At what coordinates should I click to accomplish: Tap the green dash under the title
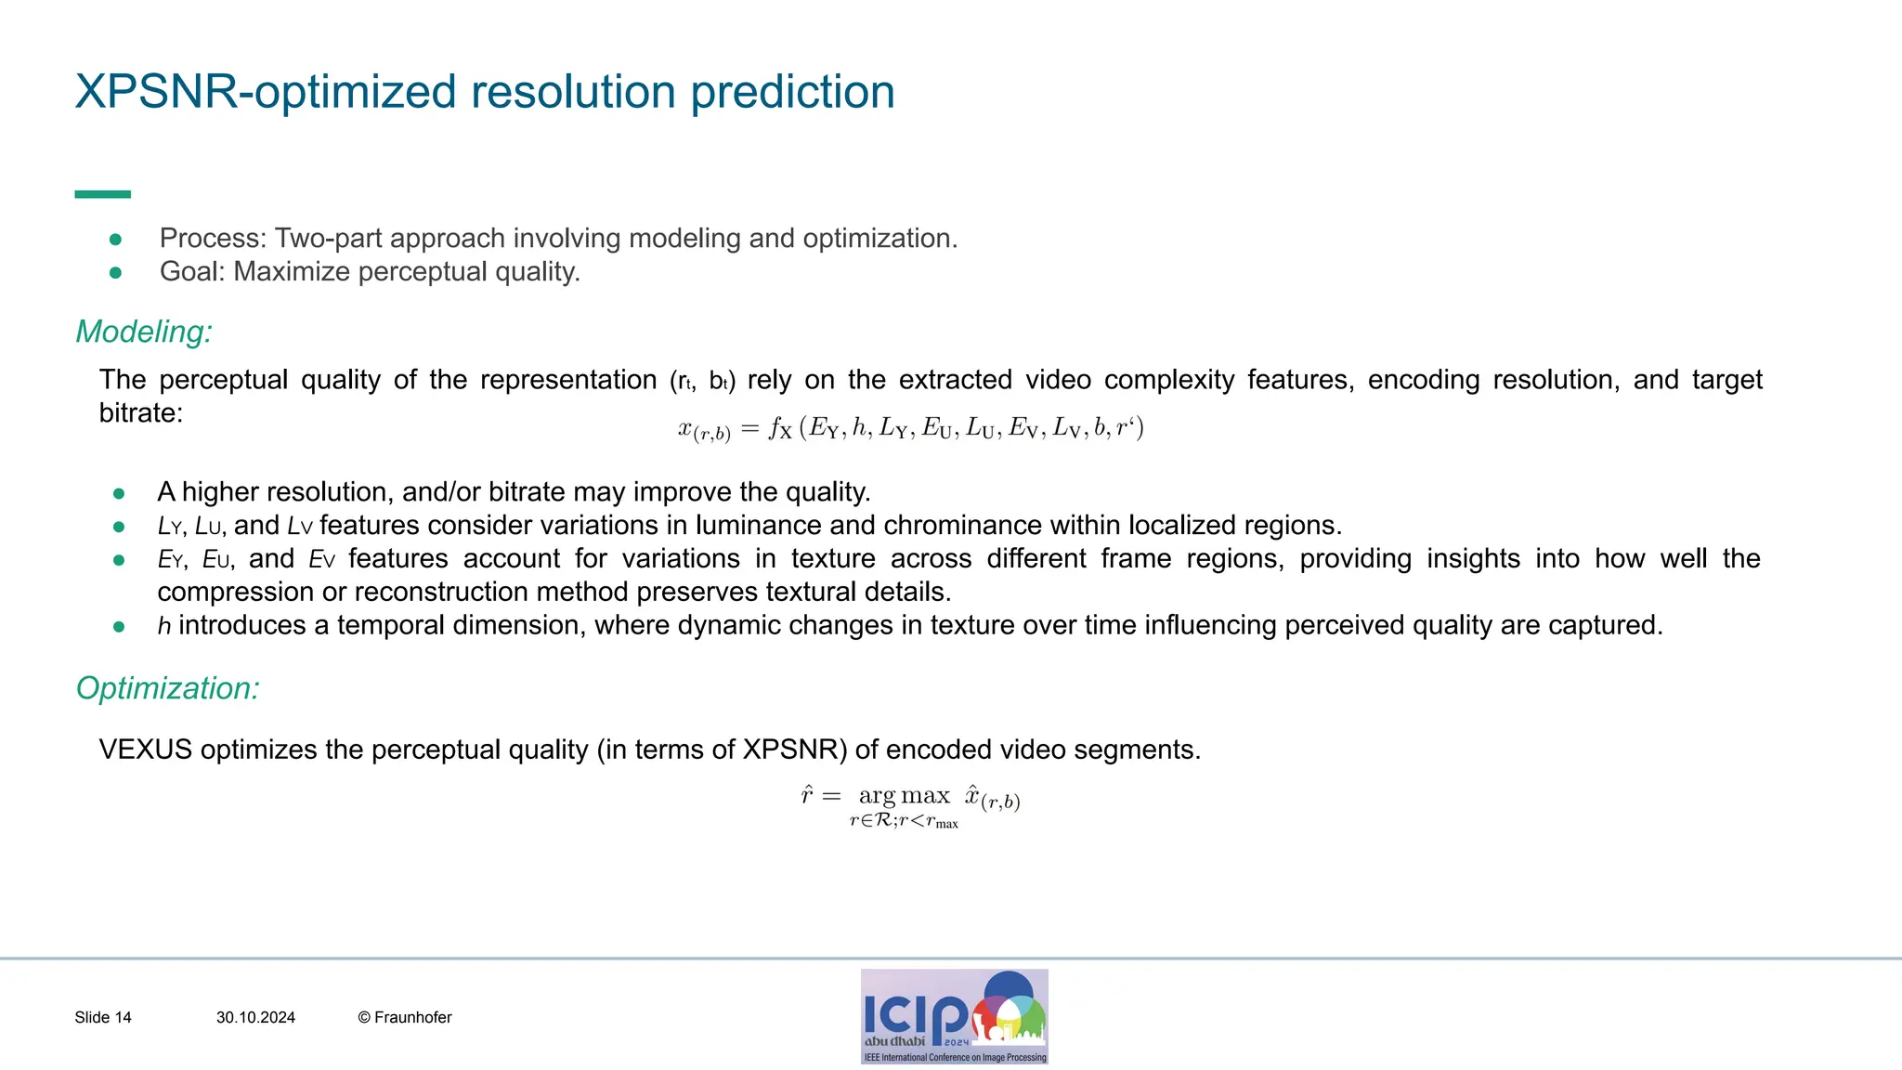point(102,194)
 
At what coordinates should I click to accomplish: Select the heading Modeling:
point(144,332)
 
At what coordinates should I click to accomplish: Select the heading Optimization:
point(167,688)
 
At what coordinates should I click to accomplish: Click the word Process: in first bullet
point(213,239)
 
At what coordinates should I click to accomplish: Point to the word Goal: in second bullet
point(192,272)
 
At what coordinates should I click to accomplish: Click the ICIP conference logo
point(954,1016)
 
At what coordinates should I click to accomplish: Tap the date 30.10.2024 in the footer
point(255,1018)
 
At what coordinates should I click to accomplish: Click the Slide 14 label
point(103,1018)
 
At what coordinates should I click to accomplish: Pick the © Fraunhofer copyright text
point(405,1018)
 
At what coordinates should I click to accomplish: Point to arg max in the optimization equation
point(904,796)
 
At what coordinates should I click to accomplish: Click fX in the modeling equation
point(779,429)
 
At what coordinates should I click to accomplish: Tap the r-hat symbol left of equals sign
point(807,795)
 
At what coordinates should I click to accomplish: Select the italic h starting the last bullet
point(164,626)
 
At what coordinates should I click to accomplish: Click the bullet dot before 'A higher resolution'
point(119,493)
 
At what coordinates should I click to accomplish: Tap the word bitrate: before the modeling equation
point(141,413)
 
